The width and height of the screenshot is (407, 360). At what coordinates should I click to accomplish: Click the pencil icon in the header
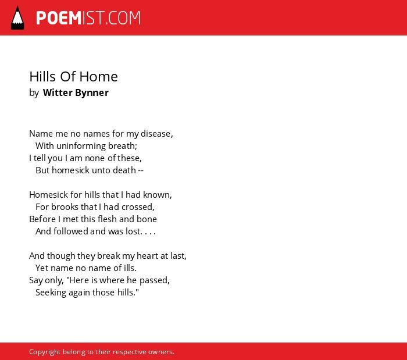(x=17, y=18)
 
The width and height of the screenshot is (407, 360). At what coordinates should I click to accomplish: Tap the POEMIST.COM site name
(x=88, y=18)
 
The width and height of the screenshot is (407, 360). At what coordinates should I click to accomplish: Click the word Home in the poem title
(x=99, y=77)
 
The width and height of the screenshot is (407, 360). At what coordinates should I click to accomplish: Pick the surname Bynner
(x=92, y=93)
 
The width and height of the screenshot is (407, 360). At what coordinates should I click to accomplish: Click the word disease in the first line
(x=156, y=134)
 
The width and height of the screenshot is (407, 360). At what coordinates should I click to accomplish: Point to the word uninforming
(x=81, y=146)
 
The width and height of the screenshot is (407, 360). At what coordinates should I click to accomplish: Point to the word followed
(x=71, y=231)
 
